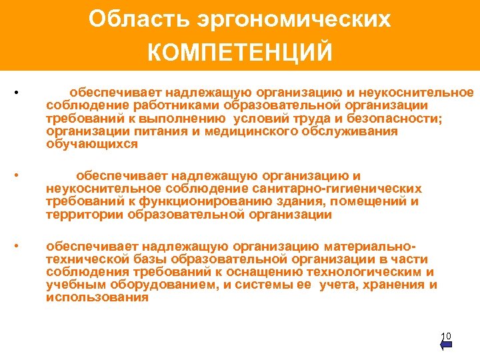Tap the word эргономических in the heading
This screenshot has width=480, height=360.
pos(294,19)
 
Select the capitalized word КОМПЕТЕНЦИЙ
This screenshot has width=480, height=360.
pos(240,52)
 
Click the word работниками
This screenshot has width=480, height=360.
pos(180,105)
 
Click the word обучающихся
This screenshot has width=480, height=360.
pos(92,144)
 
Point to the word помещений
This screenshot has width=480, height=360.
pos(375,202)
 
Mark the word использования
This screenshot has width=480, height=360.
pos(97,298)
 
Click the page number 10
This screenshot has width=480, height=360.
pos(447,335)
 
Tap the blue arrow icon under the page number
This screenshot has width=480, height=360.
pos(447,345)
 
